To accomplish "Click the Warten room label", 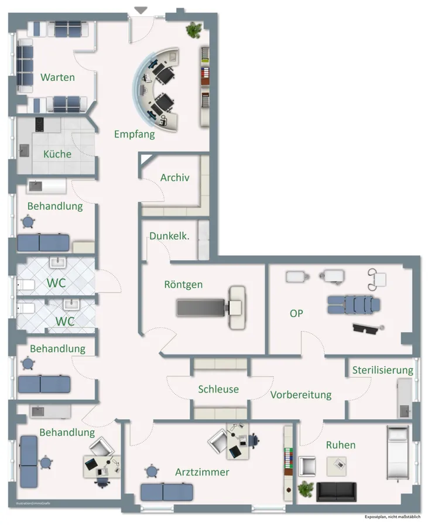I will [x=57, y=77].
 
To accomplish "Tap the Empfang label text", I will [x=135, y=134].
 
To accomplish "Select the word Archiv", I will [x=175, y=177].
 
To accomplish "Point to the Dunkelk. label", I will [x=169, y=236].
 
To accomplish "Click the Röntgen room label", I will [x=183, y=285].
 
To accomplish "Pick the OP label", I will [x=297, y=313].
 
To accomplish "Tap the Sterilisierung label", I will [x=382, y=370].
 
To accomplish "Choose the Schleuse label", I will [x=218, y=389].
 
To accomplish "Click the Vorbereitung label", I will [x=301, y=395].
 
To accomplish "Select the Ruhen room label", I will [x=341, y=445].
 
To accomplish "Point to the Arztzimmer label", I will [x=202, y=472].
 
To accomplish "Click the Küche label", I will [x=57, y=155].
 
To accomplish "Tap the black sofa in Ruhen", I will [x=336, y=491].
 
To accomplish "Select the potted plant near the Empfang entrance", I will [x=193, y=29].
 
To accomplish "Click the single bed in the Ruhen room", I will [x=399, y=454].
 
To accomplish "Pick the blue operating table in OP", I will [x=353, y=304].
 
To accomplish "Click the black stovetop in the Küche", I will [x=39, y=124].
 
